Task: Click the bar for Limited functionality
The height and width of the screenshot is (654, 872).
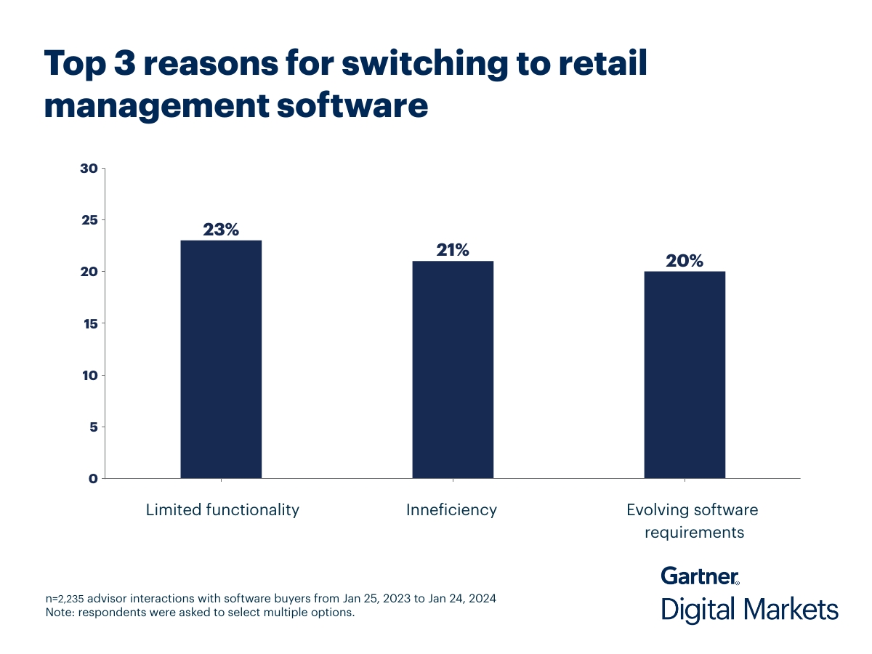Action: click(x=221, y=359)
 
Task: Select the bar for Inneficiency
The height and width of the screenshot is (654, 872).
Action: click(x=453, y=369)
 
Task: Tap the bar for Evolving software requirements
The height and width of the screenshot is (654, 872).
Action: click(x=685, y=374)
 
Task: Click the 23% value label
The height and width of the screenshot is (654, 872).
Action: click(x=221, y=230)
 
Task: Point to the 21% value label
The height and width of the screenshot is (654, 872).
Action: click(x=453, y=250)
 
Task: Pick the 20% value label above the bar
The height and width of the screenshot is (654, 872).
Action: click(x=685, y=261)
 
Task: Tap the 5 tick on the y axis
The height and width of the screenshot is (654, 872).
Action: click(x=93, y=427)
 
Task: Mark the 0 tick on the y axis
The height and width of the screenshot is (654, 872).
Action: click(x=93, y=478)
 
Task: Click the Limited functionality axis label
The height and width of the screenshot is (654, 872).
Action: click(x=222, y=509)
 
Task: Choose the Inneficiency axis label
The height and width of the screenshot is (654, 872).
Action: click(x=451, y=509)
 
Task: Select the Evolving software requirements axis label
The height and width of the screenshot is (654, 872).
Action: click(x=685, y=520)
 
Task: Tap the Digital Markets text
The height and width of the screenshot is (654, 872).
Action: click(x=749, y=609)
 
